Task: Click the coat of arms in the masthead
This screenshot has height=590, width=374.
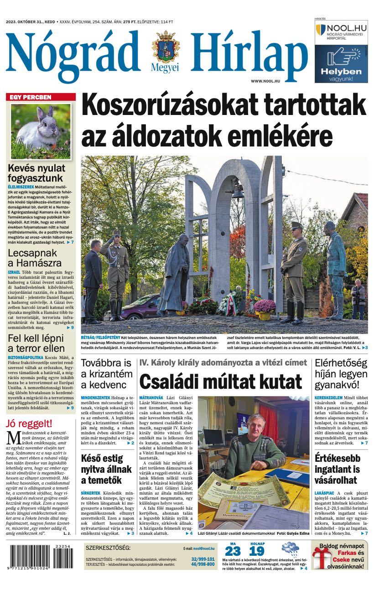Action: [x=166, y=47]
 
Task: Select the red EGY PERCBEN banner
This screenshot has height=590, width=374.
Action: [x=41, y=97]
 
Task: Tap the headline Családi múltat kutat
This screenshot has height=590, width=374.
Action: [x=221, y=381]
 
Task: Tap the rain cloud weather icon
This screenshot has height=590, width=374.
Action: [x=290, y=550]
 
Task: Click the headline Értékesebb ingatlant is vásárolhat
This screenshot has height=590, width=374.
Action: [x=337, y=469]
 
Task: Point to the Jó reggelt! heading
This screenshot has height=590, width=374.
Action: [x=29, y=423]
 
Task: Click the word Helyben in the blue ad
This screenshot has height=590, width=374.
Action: [x=341, y=71]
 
